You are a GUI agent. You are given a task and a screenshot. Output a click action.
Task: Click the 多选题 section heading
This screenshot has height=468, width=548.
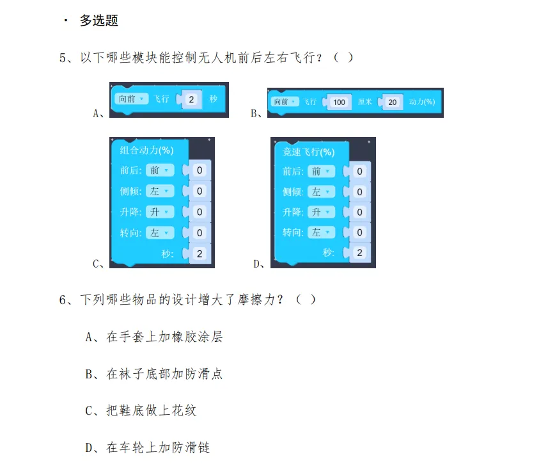98,20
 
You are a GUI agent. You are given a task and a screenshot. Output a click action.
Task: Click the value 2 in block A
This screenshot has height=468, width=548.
192,99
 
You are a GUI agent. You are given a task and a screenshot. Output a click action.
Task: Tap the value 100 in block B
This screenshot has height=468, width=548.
339,102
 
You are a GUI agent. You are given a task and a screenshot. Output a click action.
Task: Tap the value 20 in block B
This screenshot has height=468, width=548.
392,102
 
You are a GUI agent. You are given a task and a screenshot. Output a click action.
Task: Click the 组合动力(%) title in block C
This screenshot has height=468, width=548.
147,151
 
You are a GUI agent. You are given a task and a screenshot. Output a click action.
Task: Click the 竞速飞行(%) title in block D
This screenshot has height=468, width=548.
309,152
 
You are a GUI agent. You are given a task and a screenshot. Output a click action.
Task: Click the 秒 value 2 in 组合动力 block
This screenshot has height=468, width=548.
200,254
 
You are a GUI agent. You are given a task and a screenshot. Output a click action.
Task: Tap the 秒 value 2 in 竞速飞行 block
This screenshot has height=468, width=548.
359,253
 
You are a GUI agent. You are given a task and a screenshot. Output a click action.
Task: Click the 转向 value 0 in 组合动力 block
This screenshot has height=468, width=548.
200,232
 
